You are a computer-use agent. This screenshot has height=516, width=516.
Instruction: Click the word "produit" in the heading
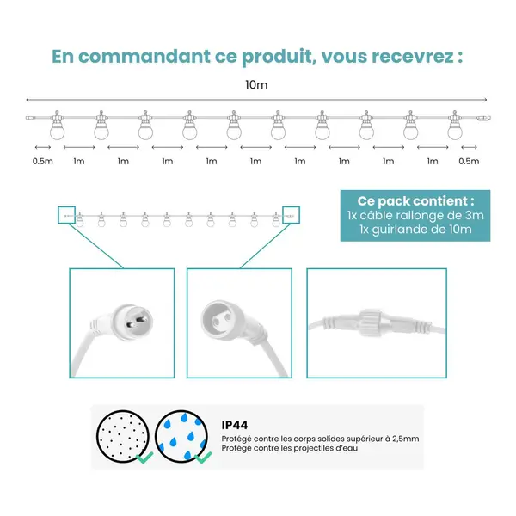tap(277, 57)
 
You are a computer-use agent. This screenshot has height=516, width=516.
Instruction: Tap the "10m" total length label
tap(256, 85)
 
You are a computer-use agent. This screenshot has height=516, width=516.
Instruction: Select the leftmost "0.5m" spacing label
tap(43, 161)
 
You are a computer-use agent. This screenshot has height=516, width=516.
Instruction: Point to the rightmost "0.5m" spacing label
tap(469, 161)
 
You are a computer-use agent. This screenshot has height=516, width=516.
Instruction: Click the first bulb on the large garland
tap(58, 126)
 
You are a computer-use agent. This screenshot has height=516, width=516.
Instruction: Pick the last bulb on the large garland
tap(455, 126)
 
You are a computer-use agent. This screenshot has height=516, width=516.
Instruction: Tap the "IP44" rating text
tap(235, 425)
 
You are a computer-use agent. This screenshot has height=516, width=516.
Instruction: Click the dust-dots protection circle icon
tap(123, 436)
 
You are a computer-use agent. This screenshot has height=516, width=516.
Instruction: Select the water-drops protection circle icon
tap(181, 436)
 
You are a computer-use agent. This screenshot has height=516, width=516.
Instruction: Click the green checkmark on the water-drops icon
tap(203, 458)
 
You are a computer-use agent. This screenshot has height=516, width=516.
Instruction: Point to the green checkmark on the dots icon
tap(144, 458)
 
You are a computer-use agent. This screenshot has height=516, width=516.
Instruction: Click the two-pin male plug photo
tap(122, 323)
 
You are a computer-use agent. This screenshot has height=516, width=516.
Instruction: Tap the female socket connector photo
tap(239, 323)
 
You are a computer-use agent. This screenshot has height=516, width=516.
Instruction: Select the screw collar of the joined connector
tap(372, 322)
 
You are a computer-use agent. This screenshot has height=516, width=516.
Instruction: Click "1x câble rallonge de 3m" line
tap(415, 215)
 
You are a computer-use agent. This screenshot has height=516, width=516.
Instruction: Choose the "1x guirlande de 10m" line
tap(415, 229)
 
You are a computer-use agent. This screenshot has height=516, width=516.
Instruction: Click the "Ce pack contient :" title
tap(415, 200)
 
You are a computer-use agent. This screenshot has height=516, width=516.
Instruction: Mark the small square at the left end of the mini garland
tap(67, 215)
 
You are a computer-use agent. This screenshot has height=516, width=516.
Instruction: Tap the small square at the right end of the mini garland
tap(292, 215)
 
